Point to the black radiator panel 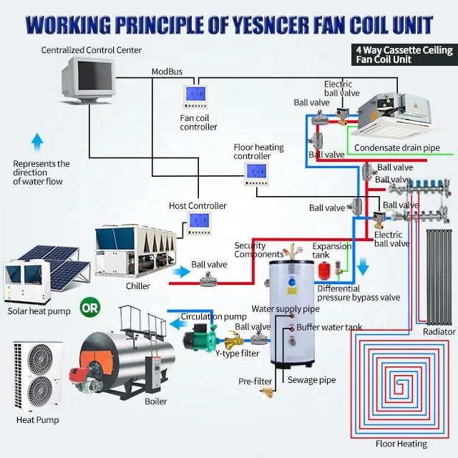(x=439, y=276)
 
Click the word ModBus (x=166, y=72)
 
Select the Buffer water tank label (x=330, y=327)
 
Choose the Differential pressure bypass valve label (x=359, y=293)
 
